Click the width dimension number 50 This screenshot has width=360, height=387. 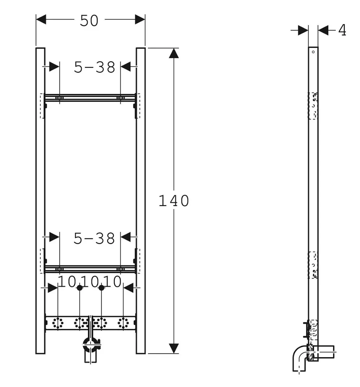click(x=89, y=20)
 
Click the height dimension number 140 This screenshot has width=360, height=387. click(x=174, y=200)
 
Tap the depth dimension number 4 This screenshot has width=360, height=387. click(x=342, y=30)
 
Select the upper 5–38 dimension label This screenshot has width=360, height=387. click(x=95, y=67)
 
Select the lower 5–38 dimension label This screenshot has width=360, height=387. click(x=94, y=238)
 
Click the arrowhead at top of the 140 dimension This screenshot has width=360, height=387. click(x=174, y=53)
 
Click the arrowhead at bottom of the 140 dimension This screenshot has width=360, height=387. click(x=174, y=348)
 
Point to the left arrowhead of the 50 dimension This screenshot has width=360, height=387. click(x=41, y=19)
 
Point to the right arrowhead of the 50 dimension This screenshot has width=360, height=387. click(x=140, y=19)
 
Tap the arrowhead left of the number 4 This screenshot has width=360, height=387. click(x=303, y=30)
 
